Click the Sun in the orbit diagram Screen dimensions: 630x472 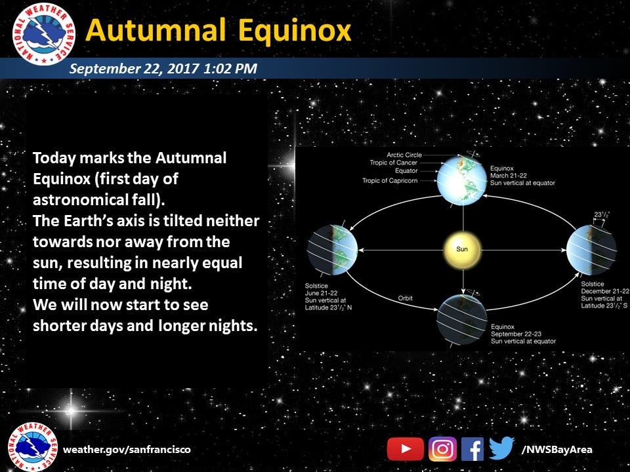(x=463, y=250)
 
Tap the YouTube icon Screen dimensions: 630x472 (x=406, y=448)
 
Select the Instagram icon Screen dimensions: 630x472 (x=443, y=448)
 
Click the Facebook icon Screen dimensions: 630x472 (x=472, y=448)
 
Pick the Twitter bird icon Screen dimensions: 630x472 (x=501, y=448)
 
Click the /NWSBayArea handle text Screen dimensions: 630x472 (x=556, y=450)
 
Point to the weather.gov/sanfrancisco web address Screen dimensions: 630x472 (x=127, y=449)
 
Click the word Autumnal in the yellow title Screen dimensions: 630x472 (x=156, y=30)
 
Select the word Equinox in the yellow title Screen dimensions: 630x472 (x=295, y=31)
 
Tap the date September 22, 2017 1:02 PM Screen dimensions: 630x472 (x=163, y=68)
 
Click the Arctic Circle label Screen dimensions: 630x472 (x=404, y=155)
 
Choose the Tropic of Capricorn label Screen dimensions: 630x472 (x=390, y=181)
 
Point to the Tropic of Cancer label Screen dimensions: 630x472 (x=393, y=163)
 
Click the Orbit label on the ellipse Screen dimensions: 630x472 (x=405, y=298)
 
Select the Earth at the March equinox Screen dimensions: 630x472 (x=461, y=180)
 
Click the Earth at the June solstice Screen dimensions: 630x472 (x=333, y=250)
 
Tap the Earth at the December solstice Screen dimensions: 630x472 (x=591, y=250)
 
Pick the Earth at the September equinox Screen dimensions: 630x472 (x=461, y=319)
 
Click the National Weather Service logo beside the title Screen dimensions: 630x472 (x=44, y=33)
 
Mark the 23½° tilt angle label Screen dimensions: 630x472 (x=602, y=214)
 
